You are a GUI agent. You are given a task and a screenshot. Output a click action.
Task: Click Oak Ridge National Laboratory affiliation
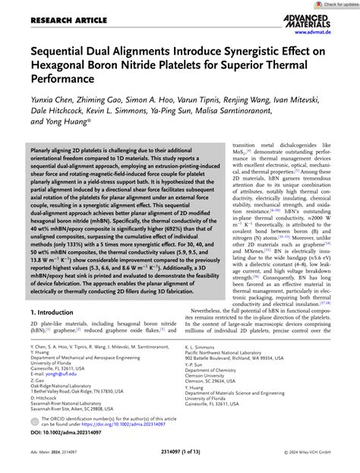[x=64, y=419]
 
